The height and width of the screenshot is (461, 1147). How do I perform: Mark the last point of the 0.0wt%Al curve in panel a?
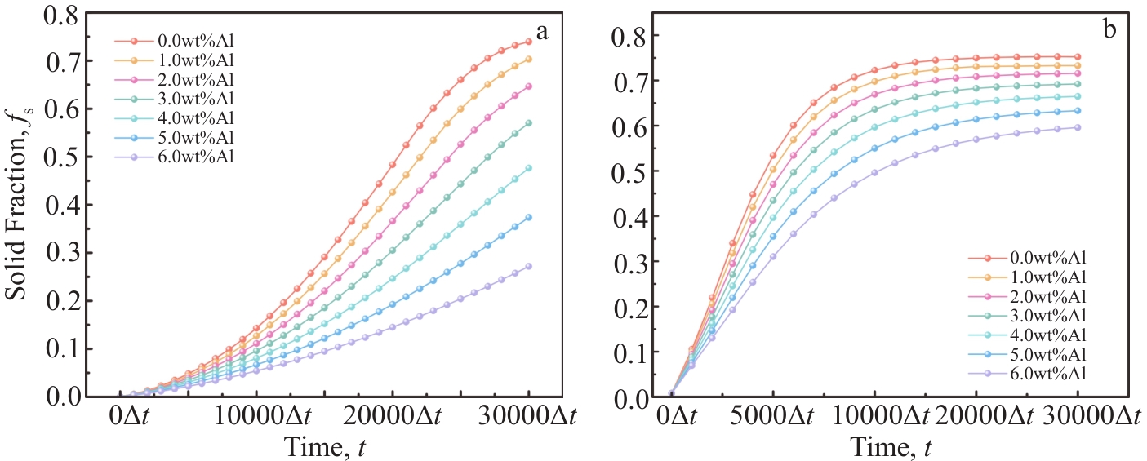pos(528,41)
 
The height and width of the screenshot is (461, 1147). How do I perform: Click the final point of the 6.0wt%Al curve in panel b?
pos(1078,127)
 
